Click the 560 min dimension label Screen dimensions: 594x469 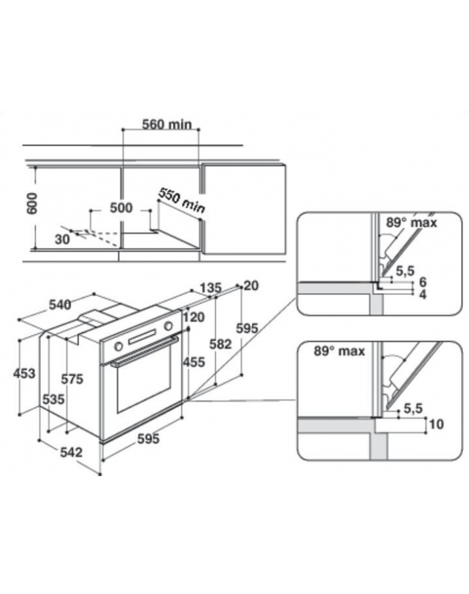click(x=167, y=124)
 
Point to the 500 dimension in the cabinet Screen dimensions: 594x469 click(x=121, y=208)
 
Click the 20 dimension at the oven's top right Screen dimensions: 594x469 click(x=251, y=286)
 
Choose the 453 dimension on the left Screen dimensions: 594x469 click(x=24, y=373)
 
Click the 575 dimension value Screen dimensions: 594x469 click(x=72, y=379)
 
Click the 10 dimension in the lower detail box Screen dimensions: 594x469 click(x=435, y=424)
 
